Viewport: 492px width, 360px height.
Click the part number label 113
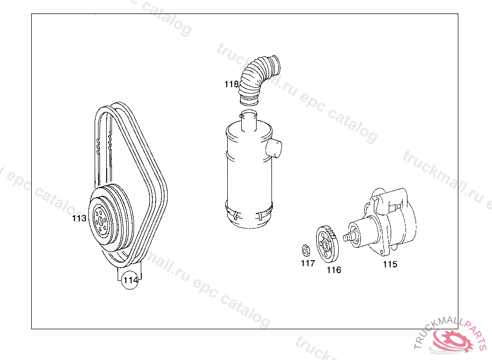click(79, 218)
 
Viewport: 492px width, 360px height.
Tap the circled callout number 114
click(130, 280)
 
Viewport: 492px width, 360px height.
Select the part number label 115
click(390, 264)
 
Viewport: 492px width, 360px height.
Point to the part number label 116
click(334, 270)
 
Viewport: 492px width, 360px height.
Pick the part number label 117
click(308, 264)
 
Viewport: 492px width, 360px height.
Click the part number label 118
click(232, 84)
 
